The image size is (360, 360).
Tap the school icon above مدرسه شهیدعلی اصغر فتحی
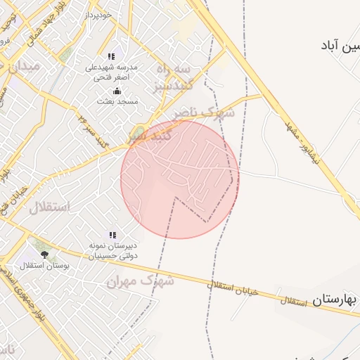point(111,56)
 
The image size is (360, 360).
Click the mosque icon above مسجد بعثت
point(117,91)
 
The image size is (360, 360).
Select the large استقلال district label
point(49,207)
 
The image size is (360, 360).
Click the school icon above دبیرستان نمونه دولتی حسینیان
point(112,234)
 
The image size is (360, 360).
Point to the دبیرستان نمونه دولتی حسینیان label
point(112,252)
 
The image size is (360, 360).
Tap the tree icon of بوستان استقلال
point(45,255)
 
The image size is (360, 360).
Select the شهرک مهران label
point(140,281)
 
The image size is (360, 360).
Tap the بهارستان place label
point(335,300)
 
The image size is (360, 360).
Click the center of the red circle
point(180,179)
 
